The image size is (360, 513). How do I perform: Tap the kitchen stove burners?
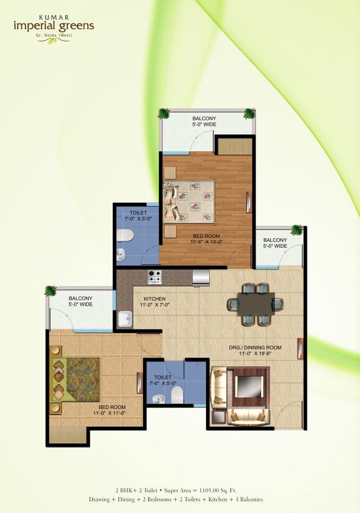(155, 276)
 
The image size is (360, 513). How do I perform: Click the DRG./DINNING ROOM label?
(255, 347)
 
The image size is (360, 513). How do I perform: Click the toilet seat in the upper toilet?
(126, 235)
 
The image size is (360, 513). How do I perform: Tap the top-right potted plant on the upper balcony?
(248, 113)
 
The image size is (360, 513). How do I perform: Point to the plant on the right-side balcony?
(295, 230)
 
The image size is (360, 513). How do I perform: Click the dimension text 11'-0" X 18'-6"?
(255, 355)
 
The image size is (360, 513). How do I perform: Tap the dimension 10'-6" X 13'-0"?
(207, 242)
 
